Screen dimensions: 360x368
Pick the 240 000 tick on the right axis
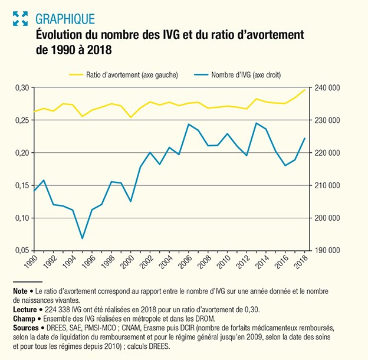326,88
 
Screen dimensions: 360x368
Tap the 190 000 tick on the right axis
326,250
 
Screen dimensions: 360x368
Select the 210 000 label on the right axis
326,185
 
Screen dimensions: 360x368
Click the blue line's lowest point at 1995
83,238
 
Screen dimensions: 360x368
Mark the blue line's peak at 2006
188,125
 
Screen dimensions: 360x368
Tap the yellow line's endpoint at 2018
305,90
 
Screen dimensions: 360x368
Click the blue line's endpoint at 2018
305,138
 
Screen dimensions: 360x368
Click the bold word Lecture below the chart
24,309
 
